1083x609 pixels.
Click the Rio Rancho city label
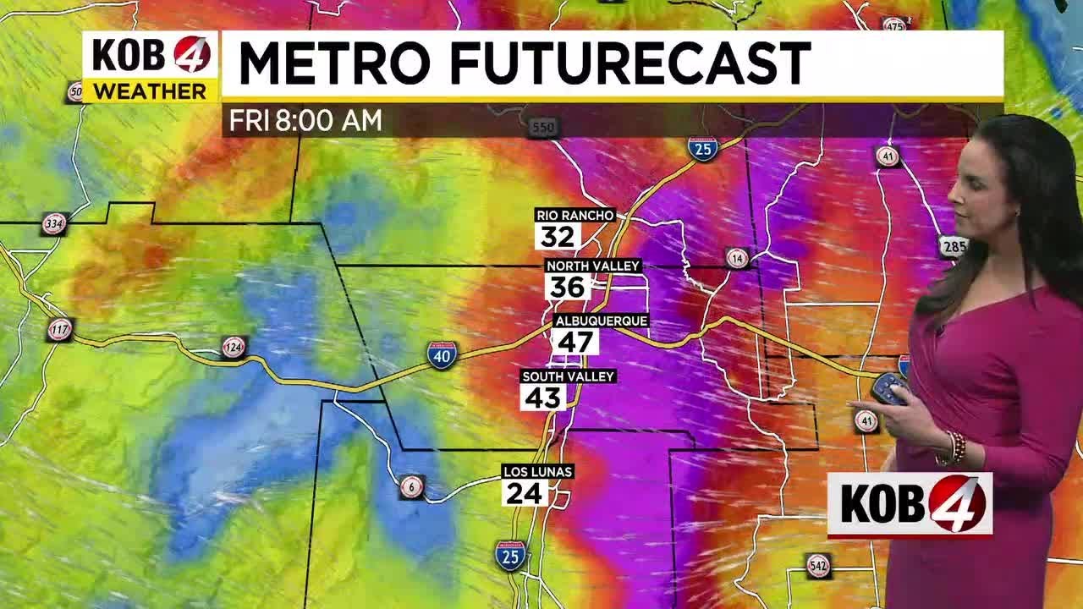coord(574,216)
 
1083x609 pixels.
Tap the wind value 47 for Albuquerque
coord(575,342)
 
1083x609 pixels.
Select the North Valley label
coord(593,266)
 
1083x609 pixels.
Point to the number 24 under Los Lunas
coord(524,492)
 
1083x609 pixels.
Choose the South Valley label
coord(568,376)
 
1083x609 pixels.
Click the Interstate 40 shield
coord(442,354)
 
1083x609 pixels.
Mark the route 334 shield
coord(55,224)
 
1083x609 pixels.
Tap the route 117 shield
coord(60,329)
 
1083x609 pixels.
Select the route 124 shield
coord(234,347)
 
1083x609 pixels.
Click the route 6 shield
coord(412,486)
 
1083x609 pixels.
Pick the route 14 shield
coord(738,258)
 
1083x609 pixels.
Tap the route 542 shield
coord(818,565)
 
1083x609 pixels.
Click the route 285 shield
coord(953,247)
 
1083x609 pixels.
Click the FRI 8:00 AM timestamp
coord(305,121)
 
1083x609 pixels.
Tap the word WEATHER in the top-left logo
coord(150,91)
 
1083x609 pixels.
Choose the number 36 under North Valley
coord(568,288)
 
